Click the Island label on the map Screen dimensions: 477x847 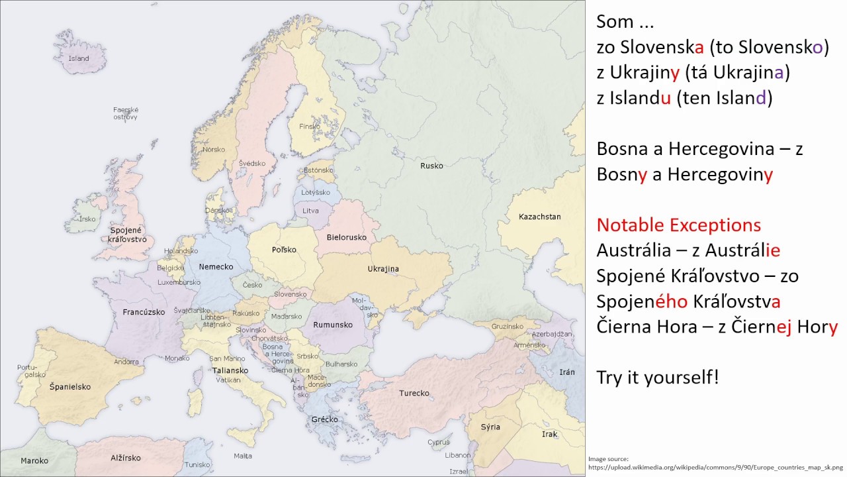click(x=79, y=58)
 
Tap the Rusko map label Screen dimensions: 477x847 click(x=431, y=166)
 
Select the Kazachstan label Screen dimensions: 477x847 click(x=539, y=217)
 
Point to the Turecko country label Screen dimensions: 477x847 click(x=414, y=393)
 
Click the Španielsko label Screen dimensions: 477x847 click(x=69, y=386)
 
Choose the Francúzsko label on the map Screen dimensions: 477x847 click(x=144, y=311)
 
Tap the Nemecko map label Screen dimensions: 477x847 click(x=216, y=266)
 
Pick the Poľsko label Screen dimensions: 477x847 click(x=284, y=250)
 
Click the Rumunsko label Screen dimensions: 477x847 click(x=334, y=325)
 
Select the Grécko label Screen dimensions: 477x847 click(x=324, y=419)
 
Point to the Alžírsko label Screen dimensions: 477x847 click(x=126, y=458)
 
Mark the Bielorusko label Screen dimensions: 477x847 click(x=347, y=237)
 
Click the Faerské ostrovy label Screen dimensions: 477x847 click(x=125, y=113)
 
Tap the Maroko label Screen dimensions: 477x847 click(x=34, y=460)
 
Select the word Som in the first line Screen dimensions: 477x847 click(x=615, y=22)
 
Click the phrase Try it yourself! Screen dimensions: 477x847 click(x=657, y=378)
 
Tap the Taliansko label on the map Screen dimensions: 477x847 click(x=230, y=370)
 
